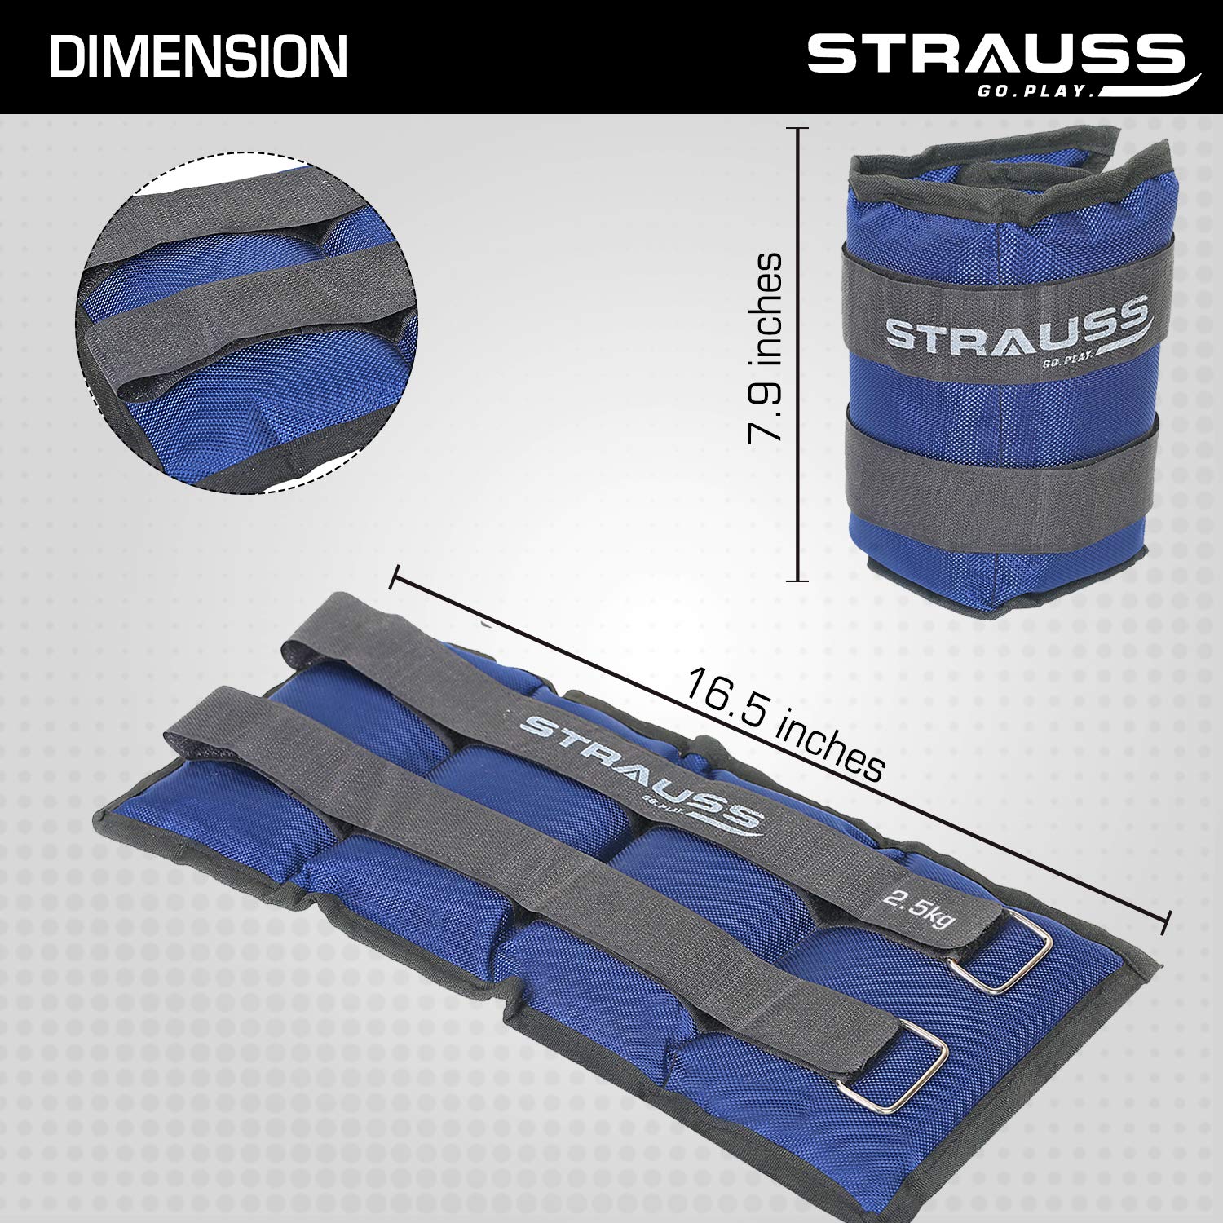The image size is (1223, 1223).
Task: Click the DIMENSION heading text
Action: tap(199, 56)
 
